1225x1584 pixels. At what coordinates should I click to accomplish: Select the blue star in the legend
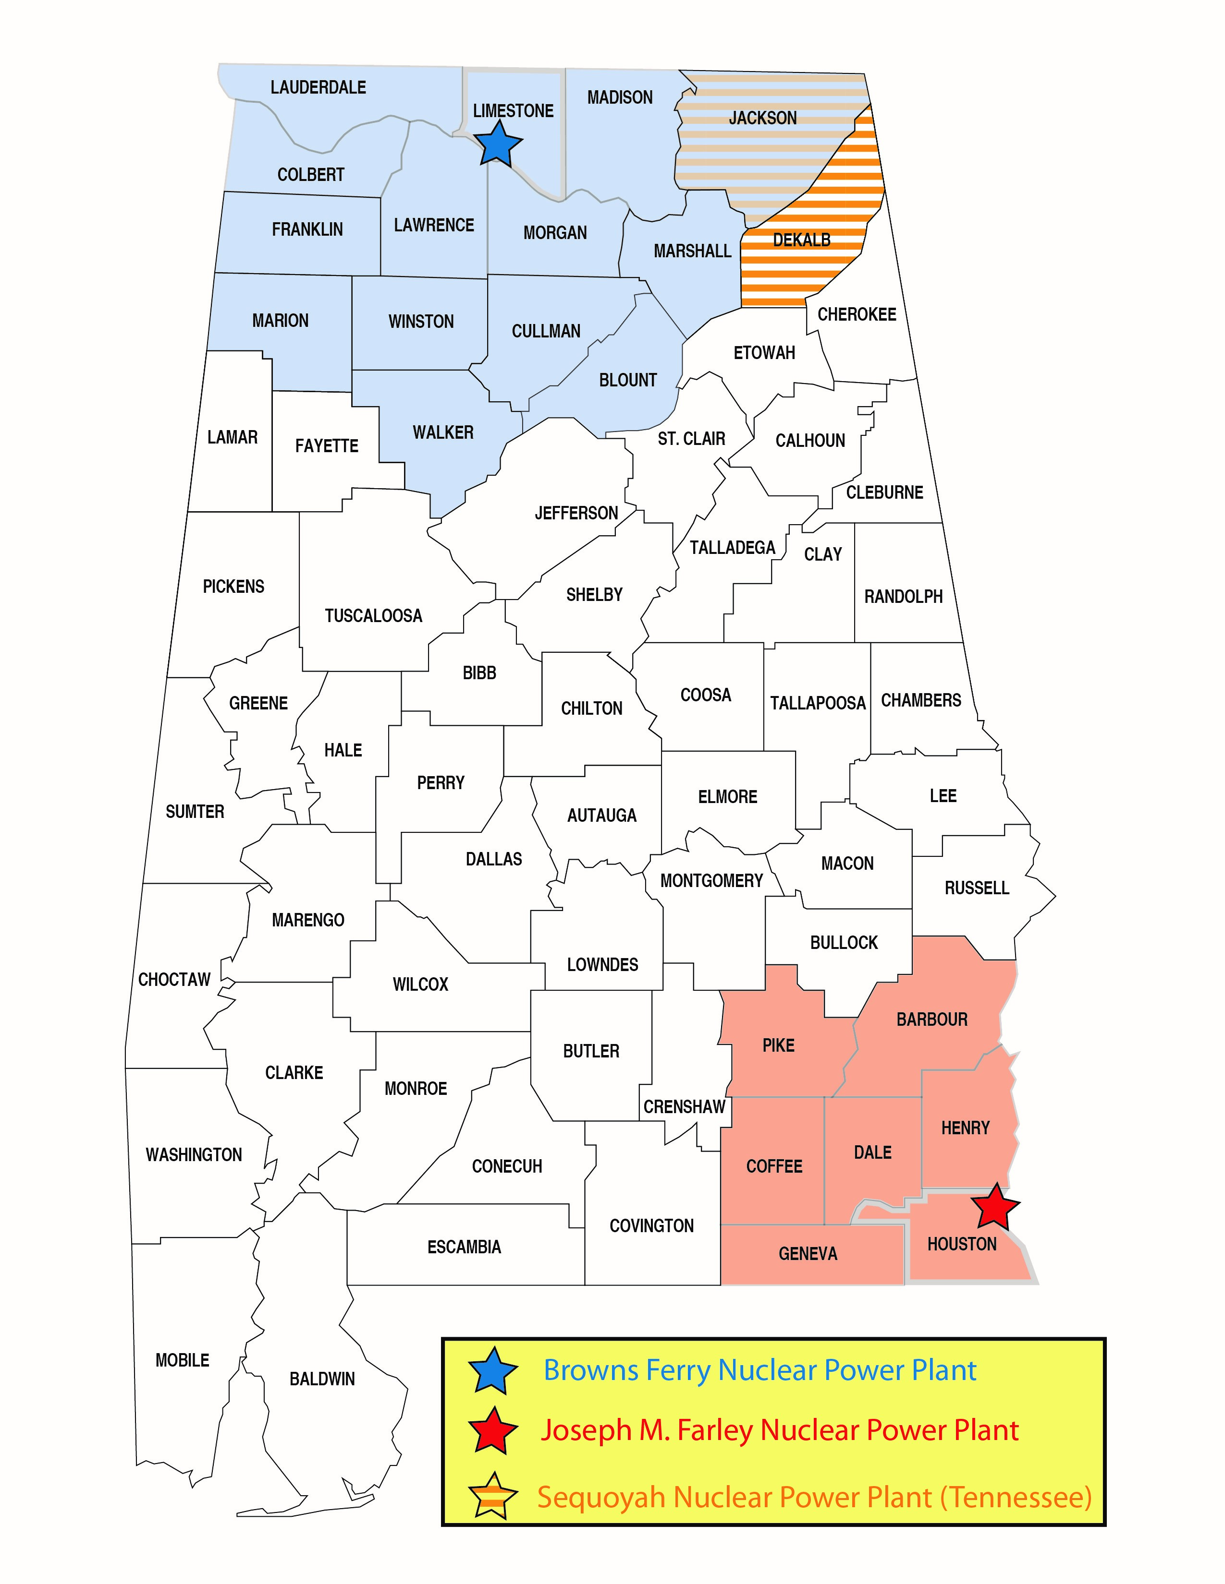pos(493,1370)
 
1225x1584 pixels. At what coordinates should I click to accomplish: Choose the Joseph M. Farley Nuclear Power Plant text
pos(779,1430)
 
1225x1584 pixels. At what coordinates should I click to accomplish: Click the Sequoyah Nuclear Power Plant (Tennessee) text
pos(814,1496)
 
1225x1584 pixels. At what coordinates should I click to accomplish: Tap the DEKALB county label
pos(801,240)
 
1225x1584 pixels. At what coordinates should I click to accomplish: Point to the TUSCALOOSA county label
pos(373,616)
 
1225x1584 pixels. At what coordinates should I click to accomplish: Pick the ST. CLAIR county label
pos(691,439)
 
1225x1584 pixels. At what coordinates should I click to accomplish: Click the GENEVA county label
pos(808,1254)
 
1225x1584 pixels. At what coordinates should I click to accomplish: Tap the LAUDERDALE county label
pos(318,88)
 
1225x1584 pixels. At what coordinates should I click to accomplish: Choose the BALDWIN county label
pos(322,1379)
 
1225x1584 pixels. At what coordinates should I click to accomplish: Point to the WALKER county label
pos(443,433)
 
